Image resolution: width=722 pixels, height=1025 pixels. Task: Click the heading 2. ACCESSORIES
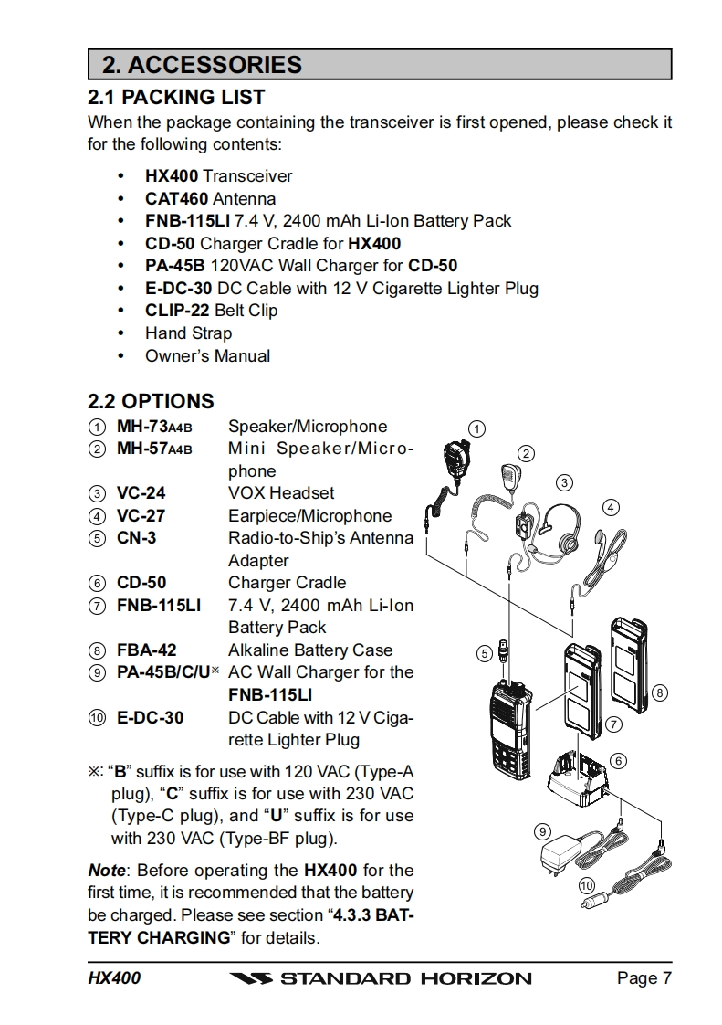202,65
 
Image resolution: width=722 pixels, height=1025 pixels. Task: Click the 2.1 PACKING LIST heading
176,97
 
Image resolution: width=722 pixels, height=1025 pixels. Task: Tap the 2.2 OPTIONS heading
151,401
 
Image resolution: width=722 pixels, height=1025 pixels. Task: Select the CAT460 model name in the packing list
176,198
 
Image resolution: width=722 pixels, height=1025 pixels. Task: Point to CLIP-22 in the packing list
177,311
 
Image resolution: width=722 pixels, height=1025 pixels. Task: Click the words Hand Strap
188,333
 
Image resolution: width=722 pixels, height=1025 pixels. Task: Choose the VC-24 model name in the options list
141,493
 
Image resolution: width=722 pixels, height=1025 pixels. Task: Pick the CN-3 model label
136,538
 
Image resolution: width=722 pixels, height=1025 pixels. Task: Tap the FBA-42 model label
146,650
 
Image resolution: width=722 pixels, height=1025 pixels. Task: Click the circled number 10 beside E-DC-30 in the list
96,718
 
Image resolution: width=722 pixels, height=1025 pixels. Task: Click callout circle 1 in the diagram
476,428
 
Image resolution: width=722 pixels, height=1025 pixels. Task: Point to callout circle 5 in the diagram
484,652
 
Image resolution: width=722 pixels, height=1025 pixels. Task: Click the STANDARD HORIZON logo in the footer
381,978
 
